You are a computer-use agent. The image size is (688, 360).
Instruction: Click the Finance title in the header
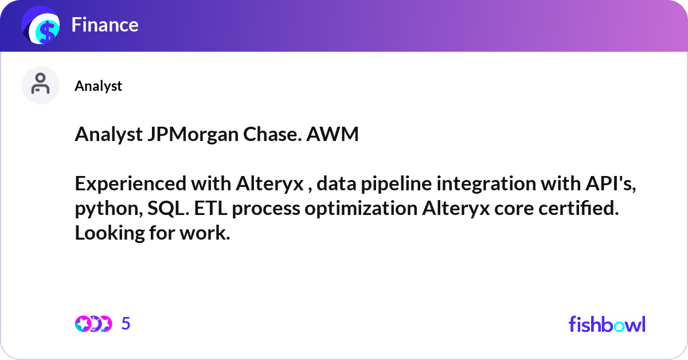pos(105,25)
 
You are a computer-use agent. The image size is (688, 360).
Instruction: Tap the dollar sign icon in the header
pos(41,25)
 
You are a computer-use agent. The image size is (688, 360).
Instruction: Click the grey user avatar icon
pos(40,85)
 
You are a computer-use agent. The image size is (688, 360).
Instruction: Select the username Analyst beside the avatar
pos(98,85)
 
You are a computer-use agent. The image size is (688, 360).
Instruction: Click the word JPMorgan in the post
pos(193,134)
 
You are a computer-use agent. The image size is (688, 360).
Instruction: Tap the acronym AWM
pos(333,134)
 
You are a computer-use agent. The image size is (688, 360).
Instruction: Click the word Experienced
pos(131,183)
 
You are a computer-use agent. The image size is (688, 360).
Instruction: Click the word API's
pos(611,183)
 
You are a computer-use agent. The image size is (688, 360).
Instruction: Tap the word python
pos(109,209)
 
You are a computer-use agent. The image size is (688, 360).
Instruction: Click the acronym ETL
pos(210,208)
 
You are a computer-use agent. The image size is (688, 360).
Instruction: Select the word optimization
pos(361,208)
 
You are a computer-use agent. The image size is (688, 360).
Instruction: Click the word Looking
pos(110,233)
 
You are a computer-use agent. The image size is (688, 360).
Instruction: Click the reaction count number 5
pos(126,323)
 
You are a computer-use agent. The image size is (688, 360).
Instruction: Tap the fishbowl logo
pos(607,324)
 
